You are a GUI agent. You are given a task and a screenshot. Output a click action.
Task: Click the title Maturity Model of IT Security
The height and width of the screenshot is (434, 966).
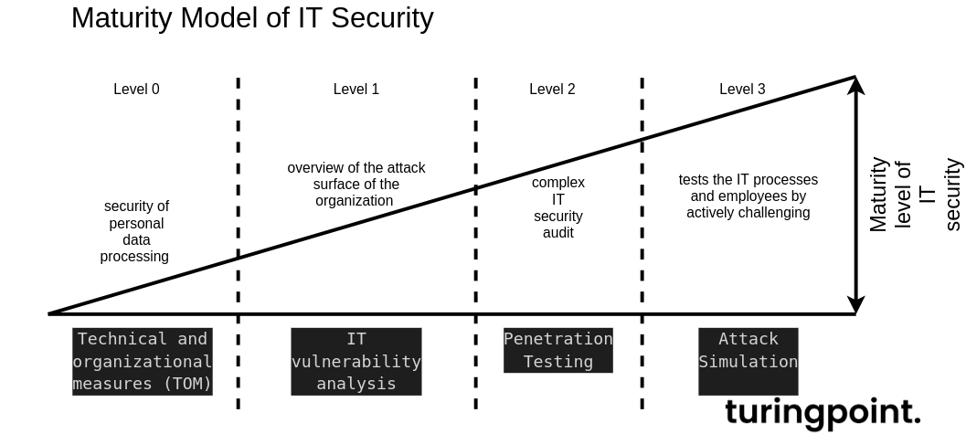pos(252,18)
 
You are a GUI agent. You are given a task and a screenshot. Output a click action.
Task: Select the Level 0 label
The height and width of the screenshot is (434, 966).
pos(136,89)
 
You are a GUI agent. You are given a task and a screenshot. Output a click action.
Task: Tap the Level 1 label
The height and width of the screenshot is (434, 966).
pos(356,89)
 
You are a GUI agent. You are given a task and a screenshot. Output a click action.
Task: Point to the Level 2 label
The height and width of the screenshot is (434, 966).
pos(552,89)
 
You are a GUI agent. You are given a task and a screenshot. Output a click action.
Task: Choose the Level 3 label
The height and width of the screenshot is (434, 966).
pos(742,89)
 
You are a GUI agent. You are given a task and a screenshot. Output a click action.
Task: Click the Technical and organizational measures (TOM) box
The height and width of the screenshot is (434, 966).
pos(143,361)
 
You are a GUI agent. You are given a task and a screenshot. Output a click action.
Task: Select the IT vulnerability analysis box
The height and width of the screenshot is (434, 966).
pos(356,361)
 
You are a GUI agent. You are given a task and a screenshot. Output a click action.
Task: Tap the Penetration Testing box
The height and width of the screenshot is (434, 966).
pos(558,350)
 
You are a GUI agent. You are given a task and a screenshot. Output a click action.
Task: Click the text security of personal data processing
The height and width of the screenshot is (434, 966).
pos(135,231)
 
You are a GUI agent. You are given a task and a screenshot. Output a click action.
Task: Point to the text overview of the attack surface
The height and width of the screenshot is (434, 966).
pos(356,184)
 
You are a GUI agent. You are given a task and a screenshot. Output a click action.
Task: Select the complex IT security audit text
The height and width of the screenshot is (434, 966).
pos(558,207)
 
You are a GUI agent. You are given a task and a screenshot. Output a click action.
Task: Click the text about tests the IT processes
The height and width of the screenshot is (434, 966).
pos(748,196)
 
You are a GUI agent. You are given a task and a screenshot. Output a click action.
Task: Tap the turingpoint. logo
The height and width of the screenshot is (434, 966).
pos(823,412)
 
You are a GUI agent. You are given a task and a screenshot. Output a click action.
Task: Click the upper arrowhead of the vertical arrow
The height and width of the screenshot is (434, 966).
pos(855,86)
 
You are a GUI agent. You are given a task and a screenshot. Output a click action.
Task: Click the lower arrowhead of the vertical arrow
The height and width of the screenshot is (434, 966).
pos(855,304)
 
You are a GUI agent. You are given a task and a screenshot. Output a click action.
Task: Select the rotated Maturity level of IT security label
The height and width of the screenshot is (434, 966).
pos(914,195)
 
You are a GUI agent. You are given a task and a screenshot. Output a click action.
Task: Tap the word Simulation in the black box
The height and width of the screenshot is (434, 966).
pos(748,362)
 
